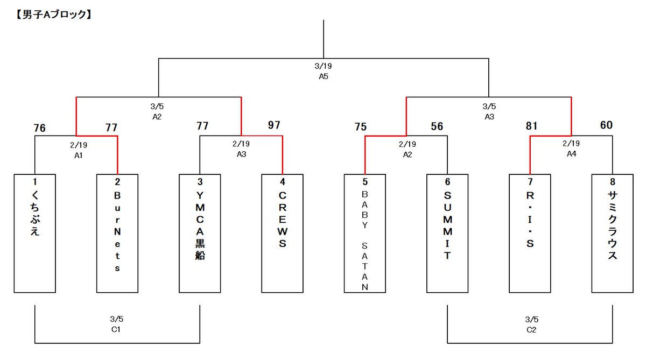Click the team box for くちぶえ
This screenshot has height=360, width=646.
(x=35, y=233)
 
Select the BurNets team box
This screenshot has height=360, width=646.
(x=117, y=233)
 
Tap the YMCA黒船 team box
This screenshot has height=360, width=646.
(x=200, y=233)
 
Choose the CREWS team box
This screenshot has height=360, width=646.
(x=283, y=233)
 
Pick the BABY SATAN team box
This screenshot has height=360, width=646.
(x=365, y=233)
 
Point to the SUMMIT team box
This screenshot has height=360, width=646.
(x=447, y=233)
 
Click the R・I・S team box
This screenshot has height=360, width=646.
(x=530, y=233)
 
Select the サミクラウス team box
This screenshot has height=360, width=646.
(x=612, y=233)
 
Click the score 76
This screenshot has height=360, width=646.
(x=39, y=128)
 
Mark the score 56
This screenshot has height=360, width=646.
(x=437, y=126)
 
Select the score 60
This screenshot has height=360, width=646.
(x=606, y=125)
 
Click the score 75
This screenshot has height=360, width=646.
(x=361, y=127)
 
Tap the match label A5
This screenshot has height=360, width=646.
(x=324, y=76)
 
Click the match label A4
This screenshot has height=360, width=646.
(x=571, y=154)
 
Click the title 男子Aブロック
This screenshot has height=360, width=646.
(x=51, y=15)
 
